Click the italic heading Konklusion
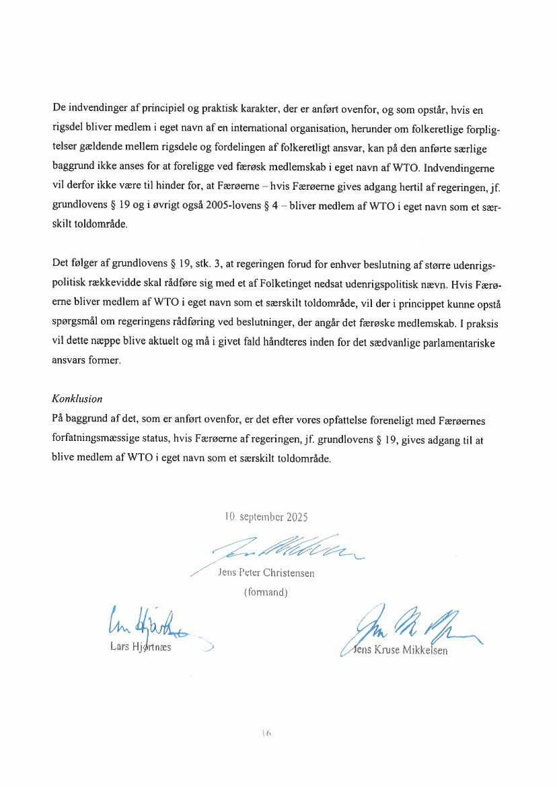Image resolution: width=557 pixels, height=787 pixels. click(x=77, y=399)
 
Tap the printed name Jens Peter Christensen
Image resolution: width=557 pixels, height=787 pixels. click(x=266, y=574)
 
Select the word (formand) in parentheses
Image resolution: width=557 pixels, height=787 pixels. click(x=266, y=592)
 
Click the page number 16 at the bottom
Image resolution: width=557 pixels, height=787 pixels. click(x=266, y=733)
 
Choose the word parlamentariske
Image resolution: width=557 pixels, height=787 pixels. click(x=454, y=343)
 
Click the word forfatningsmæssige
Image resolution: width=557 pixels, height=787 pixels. click(x=96, y=440)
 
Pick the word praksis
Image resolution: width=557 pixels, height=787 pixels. click(x=482, y=324)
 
